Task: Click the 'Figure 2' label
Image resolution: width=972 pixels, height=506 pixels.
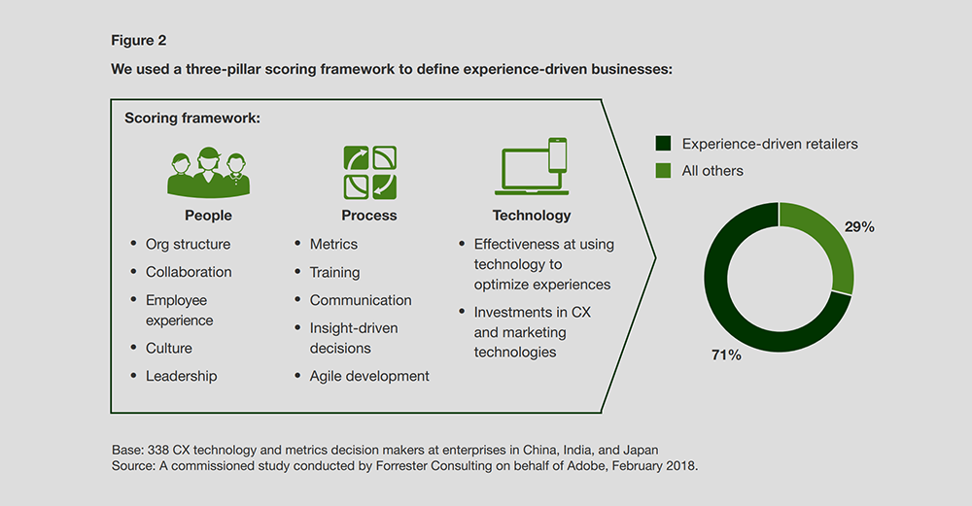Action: [x=139, y=41]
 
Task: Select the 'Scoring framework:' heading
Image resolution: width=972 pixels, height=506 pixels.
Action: [x=192, y=118]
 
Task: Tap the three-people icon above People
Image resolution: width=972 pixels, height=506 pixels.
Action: [x=208, y=173]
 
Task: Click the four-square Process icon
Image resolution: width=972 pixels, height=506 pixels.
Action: [x=370, y=173]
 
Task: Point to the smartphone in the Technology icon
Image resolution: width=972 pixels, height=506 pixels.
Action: [x=557, y=154]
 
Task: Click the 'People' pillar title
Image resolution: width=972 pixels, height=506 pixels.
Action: [x=208, y=216]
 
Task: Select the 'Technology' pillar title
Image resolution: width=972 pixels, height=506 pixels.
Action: [x=532, y=216]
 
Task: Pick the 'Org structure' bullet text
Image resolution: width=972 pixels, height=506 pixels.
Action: [x=188, y=245]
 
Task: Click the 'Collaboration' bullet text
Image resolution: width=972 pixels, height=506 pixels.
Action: [x=189, y=272]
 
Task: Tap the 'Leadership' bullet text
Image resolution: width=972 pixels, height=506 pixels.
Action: [x=181, y=376]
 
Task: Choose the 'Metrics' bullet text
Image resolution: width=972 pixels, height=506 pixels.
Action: [x=333, y=244]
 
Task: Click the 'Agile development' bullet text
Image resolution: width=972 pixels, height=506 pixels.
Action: [x=369, y=376]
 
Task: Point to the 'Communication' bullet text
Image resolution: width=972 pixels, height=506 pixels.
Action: [x=361, y=300]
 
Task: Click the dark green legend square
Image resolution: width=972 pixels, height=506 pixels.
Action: [x=663, y=144]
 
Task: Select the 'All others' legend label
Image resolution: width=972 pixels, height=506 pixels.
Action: [x=712, y=171]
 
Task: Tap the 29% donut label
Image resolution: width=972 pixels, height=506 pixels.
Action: [x=859, y=227]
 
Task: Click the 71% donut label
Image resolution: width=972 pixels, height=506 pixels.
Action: [x=726, y=354]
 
